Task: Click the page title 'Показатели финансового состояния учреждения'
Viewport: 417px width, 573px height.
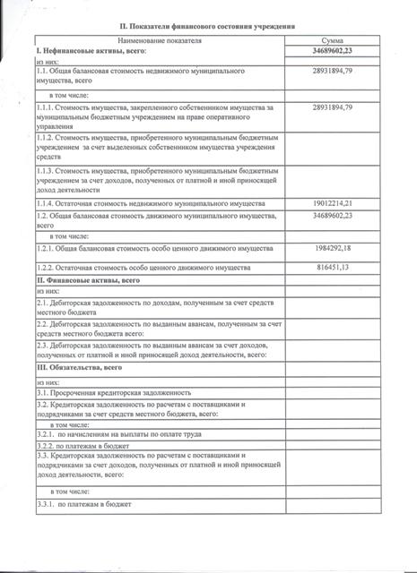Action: tap(208, 28)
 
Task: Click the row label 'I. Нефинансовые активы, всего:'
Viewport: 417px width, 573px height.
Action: tap(90, 53)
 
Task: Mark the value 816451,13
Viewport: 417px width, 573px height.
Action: tap(332, 268)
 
